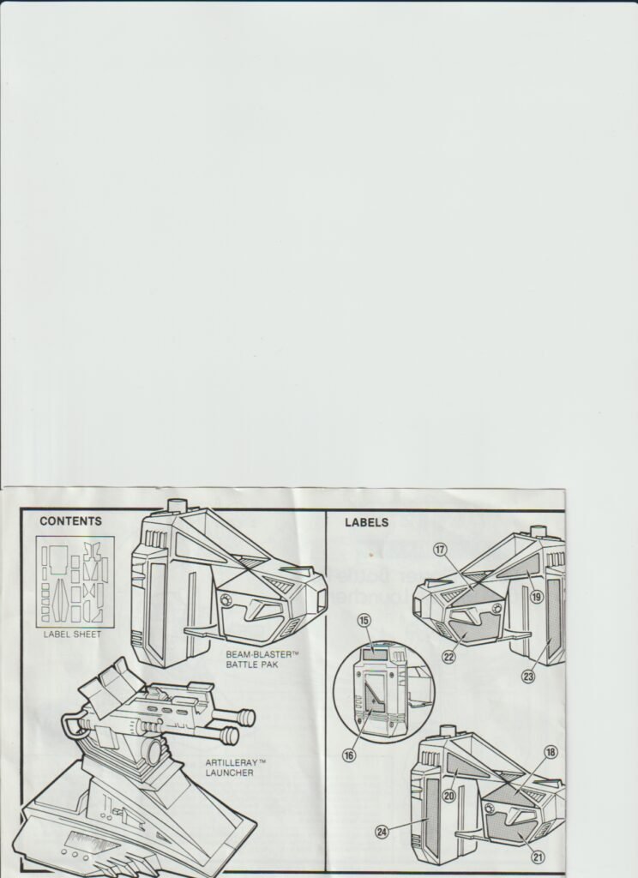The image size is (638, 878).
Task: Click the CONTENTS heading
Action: pyautogui.click(x=70, y=521)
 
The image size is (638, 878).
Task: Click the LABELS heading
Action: pyautogui.click(x=366, y=522)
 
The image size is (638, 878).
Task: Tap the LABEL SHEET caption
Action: pyautogui.click(x=72, y=634)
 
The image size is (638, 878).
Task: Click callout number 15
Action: pyautogui.click(x=364, y=621)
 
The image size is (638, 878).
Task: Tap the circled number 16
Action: pyautogui.click(x=349, y=755)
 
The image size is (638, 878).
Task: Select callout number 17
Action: pyautogui.click(x=440, y=550)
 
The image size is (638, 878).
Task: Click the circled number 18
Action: pyautogui.click(x=551, y=752)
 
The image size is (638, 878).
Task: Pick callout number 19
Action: pyautogui.click(x=537, y=597)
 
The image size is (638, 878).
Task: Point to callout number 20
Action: pyautogui.click(x=449, y=795)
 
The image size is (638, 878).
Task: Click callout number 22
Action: pyautogui.click(x=448, y=657)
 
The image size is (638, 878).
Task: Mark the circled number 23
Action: pyautogui.click(x=528, y=677)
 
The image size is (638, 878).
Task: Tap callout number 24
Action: pyautogui.click(x=382, y=832)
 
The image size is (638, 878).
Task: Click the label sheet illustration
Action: pyautogui.click(x=75, y=581)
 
